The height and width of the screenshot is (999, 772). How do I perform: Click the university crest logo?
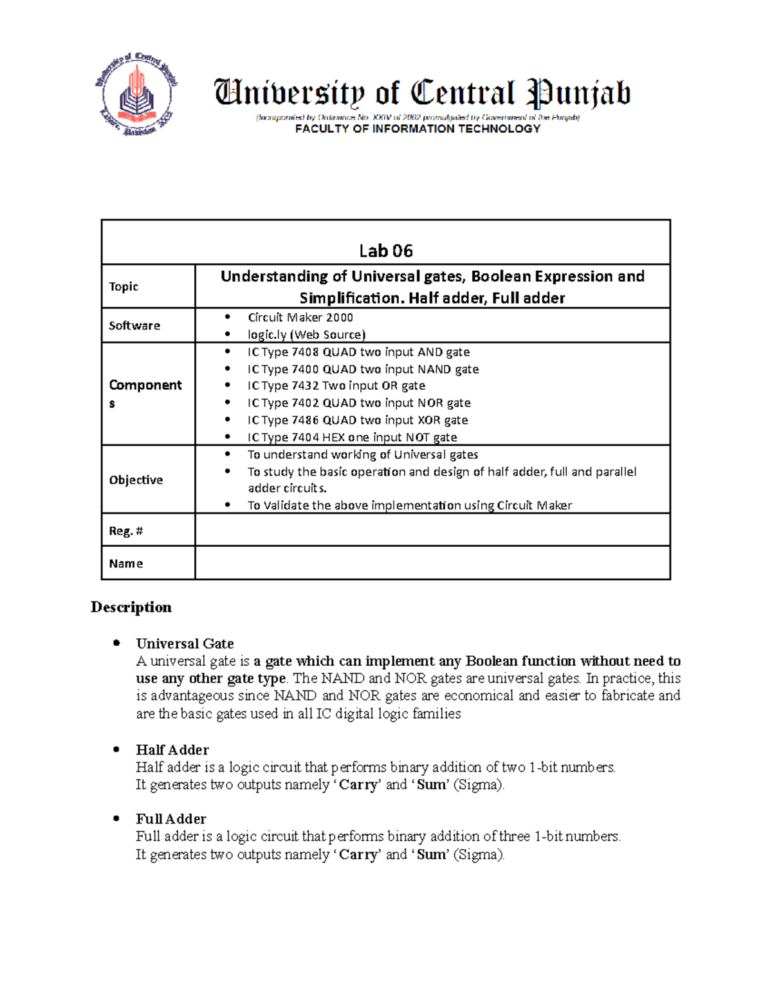click(136, 95)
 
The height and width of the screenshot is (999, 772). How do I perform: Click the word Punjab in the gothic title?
click(578, 94)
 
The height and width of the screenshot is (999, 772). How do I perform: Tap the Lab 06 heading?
click(385, 250)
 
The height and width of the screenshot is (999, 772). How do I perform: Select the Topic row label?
click(124, 286)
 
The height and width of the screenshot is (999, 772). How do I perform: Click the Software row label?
click(134, 325)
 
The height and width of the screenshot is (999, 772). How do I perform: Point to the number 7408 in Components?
click(305, 352)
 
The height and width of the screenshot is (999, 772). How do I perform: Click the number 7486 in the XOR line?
click(305, 420)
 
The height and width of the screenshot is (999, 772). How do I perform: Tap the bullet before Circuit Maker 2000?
click(227, 317)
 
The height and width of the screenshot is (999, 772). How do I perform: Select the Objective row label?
click(136, 480)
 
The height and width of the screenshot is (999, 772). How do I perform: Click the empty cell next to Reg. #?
click(432, 530)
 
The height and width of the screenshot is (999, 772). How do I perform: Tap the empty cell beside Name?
click(432, 564)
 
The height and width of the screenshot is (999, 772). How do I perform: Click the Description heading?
click(131, 607)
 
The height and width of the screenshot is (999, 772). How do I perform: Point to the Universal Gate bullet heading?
click(185, 643)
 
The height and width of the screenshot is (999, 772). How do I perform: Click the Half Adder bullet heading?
click(172, 749)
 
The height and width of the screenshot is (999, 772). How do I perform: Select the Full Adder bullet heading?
click(171, 819)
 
